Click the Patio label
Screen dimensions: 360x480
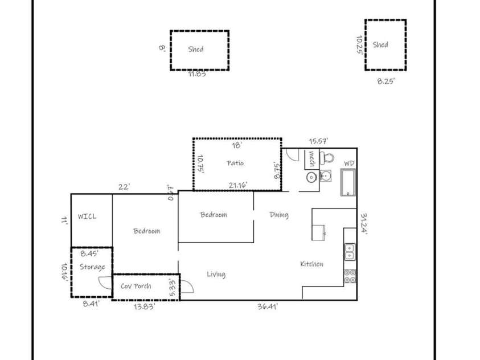coord(235,163)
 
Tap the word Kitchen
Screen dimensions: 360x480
coord(312,264)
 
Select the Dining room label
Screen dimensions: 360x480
coord(279,215)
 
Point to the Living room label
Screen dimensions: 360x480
coord(216,275)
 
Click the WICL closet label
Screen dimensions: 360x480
coord(87,216)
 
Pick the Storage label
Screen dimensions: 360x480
coord(92,267)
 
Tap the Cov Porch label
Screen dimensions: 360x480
coord(136,286)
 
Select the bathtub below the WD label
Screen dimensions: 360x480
coord(348,182)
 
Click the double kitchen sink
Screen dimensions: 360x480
coord(349,251)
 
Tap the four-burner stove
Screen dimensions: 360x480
coord(350,276)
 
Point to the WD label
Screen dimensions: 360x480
coord(348,163)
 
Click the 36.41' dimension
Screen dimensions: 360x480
coord(268,306)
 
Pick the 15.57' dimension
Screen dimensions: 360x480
coord(318,141)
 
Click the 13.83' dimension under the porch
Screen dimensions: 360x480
coord(143,306)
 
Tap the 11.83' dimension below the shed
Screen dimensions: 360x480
coord(197,73)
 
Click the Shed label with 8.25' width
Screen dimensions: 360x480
coord(380,44)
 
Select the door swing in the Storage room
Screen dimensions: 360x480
coord(104,283)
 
